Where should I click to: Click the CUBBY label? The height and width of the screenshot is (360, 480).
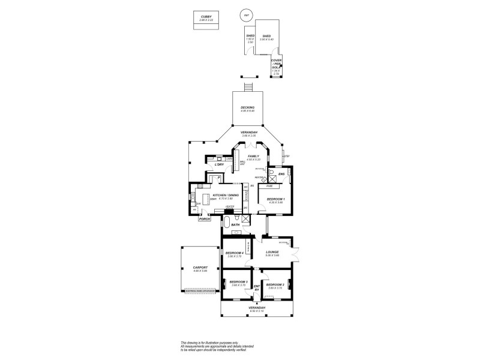click(x=206, y=17)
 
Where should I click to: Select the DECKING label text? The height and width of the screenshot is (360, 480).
click(x=247, y=107)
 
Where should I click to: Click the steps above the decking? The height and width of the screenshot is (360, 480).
click(x=248, y=85)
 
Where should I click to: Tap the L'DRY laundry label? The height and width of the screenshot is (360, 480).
click(x=219, y=164)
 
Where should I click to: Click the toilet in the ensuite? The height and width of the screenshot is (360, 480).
click(x=272, y=174)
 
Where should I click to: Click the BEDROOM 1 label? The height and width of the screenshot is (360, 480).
click(x=275, y=199)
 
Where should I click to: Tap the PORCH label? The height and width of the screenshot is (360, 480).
click(x=205, y=219)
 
